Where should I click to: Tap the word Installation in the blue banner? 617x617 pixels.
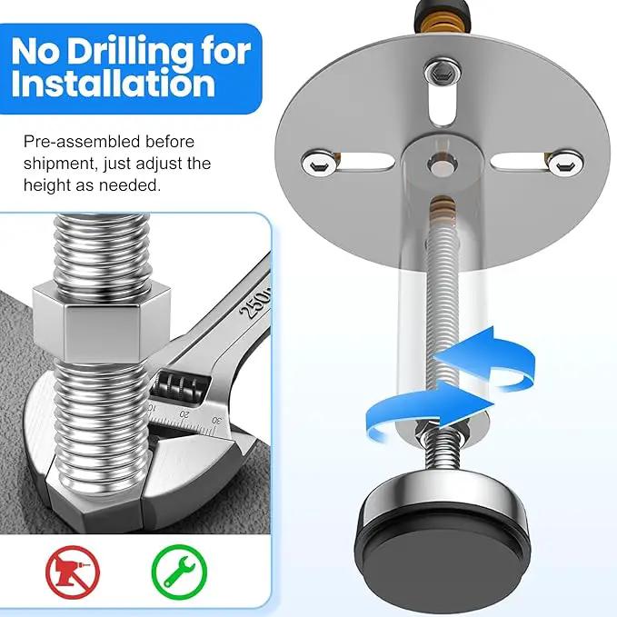click(x=114, y=84)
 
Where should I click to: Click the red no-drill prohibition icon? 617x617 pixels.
click(x=73, y=572)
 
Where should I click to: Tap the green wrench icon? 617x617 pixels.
click(x=179, y=572)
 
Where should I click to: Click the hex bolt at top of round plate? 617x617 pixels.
click(x=443, y=73)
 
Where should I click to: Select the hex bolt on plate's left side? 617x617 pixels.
click(x=320, y=163)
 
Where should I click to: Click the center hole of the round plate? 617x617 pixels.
click(x=443, y=165)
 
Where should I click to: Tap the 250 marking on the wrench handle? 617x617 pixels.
click(x=255, y=303)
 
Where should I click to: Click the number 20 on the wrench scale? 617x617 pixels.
click(x=184, y=414)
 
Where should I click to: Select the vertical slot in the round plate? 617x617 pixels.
click(x=443, y=104)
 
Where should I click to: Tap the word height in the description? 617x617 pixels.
click(x=46, y=185)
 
